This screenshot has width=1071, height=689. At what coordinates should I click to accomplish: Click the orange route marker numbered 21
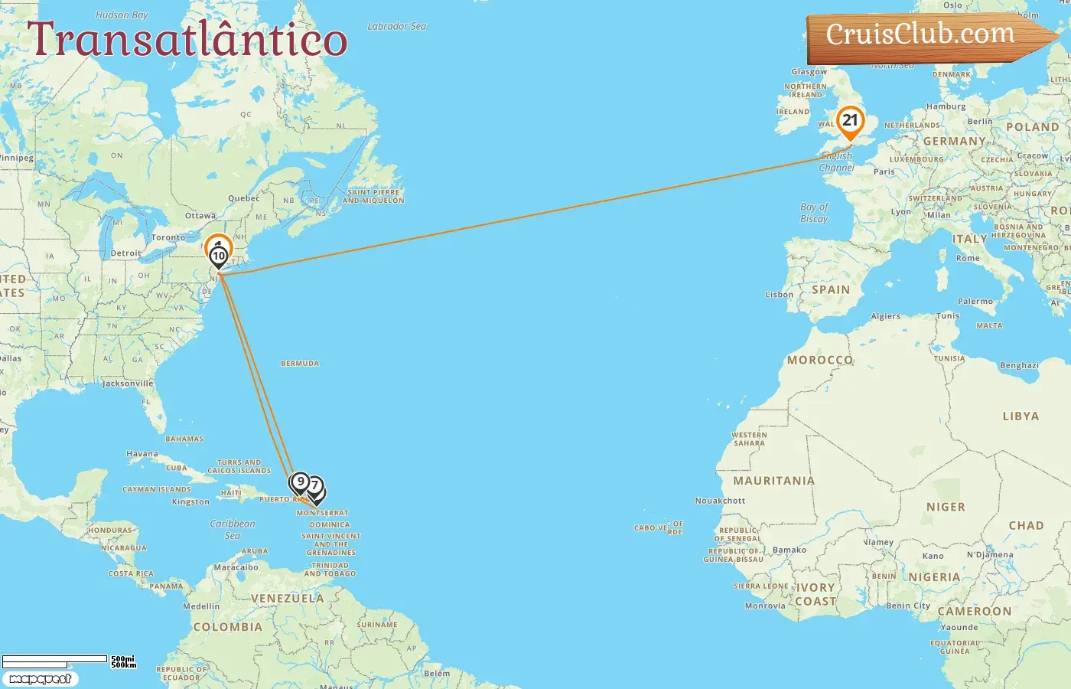tap(850, 122)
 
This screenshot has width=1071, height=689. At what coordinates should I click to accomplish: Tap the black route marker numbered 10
tap(219, 256)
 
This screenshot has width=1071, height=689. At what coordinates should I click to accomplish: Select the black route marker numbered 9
tap(300, 482)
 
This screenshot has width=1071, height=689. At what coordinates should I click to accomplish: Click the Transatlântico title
tap(187, 40)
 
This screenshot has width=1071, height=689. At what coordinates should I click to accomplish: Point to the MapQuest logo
tap(40, 679)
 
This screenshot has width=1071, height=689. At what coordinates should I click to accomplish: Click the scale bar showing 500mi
tap(55, 659)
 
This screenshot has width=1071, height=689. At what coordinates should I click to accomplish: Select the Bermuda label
tap(300, 364)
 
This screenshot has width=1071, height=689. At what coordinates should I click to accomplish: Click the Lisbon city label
tap(779, 295)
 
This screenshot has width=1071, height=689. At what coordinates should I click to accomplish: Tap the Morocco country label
tap(819, 360)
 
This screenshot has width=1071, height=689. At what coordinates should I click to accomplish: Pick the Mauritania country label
tap(773, 481)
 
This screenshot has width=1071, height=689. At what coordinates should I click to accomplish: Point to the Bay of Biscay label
tap(814, 213)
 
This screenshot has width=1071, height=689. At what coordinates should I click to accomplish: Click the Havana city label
tap(142, 454)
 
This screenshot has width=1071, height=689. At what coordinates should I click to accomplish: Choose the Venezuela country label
tap(287, 599)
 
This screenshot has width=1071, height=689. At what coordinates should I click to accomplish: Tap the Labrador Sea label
tap(396, 26)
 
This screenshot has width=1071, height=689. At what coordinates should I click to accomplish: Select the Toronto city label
tap(168, 237)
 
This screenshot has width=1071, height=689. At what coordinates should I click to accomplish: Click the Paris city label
tap(884, 172)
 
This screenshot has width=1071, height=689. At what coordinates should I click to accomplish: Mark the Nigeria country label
tap(933, 577)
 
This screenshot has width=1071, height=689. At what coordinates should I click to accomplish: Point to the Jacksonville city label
tap(128, 384)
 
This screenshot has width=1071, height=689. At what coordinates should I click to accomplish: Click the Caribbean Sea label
tap(233, 530)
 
